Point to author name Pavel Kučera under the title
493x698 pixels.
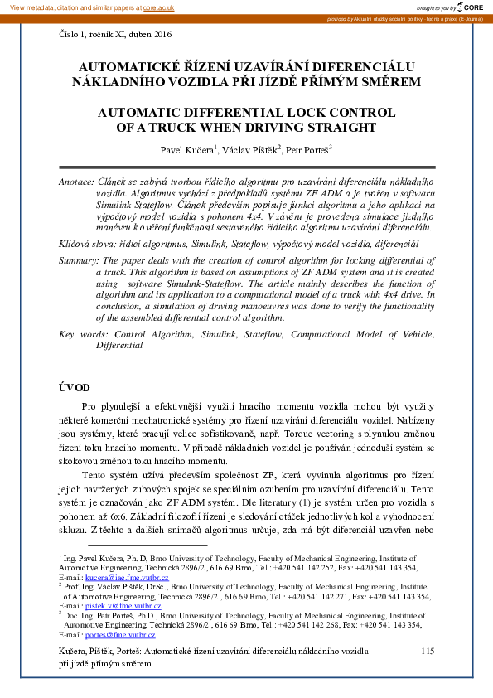pos(191,150)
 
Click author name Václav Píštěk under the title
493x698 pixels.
pos(250,150)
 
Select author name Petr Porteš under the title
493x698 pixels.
pos(308,150)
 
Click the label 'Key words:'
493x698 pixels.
pos(85,333)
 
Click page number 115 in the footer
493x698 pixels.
pos(428,652)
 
